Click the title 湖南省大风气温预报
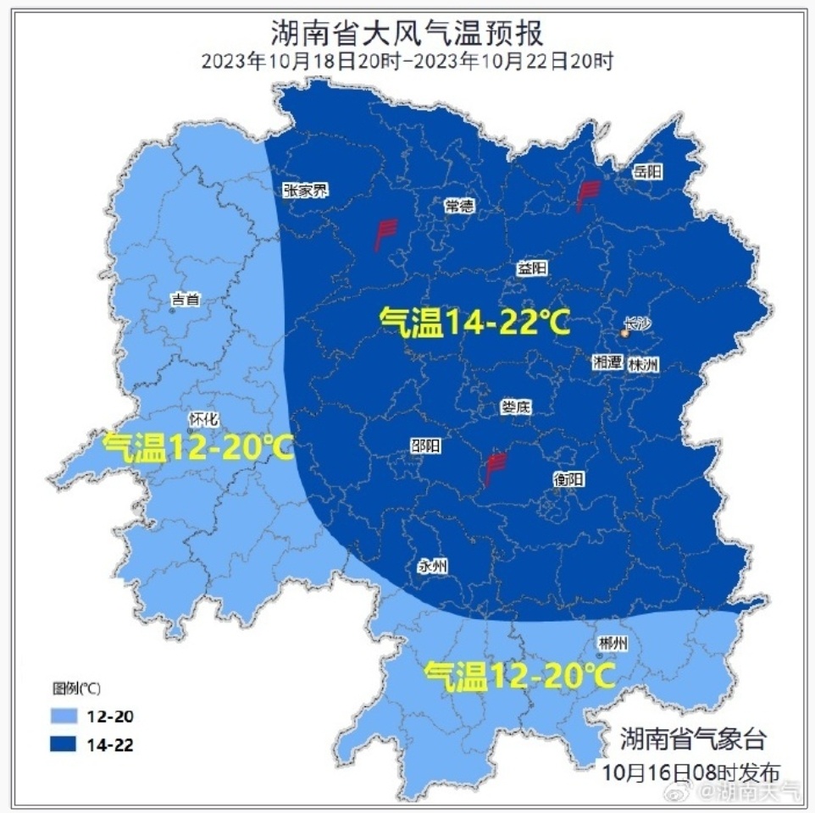[407, 33]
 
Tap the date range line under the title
[407, 61]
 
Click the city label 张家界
[305, 191]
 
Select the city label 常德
[459, 206]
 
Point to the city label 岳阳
[647, 172]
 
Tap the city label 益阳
[532, 268]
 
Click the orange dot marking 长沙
[625, 335]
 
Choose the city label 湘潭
[607, 362]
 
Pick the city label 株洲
[643, 364]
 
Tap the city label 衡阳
[568, 479]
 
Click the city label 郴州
[613, 644]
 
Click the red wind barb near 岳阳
[586, 196]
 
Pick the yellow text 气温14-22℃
[474, 323]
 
